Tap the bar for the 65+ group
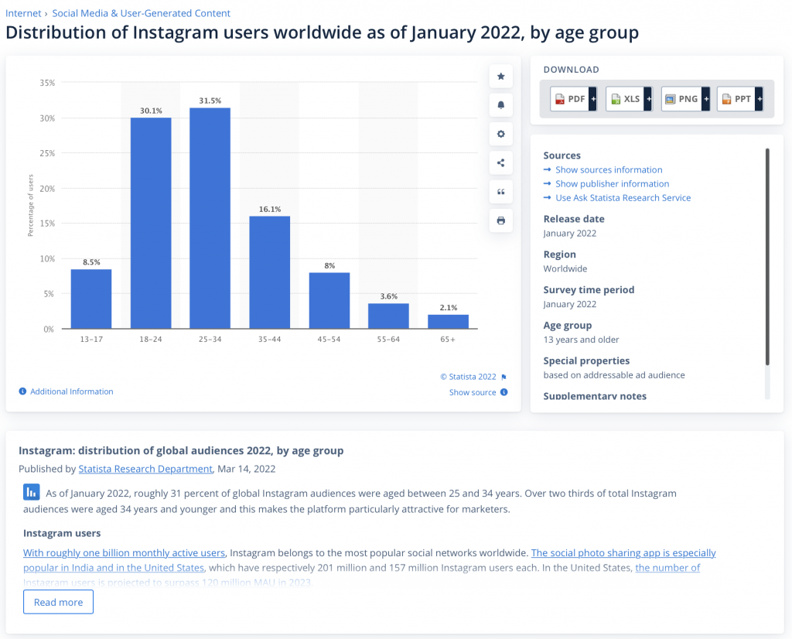pos(448,322)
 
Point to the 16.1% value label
pos(270,209)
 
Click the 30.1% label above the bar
pos(151,111)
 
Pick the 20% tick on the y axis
pos(47,189)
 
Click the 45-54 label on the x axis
pos(329,338)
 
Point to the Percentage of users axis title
pos(31,206)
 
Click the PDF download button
pos(572,99)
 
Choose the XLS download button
pos(628,99)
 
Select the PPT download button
pos(739,99)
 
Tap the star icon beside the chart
pos(500,76)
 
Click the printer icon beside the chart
pos(500,220)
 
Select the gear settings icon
pos(500,134)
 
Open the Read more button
pos(58,602)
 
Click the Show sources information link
pos(609,169)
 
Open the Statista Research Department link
pos(145,469)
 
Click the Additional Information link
pos(71,391)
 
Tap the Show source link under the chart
pos(473,392)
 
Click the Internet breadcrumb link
pos(23,13)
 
